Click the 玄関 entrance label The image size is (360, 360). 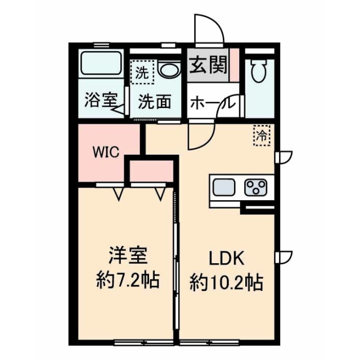point(208,67)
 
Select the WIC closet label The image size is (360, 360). point(105,152)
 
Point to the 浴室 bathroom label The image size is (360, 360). point(100,101)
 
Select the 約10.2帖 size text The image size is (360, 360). point(226,280)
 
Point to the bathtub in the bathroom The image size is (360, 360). point(101,66)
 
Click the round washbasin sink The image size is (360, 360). point(168,70)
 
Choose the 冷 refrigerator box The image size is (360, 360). point(262,134)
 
